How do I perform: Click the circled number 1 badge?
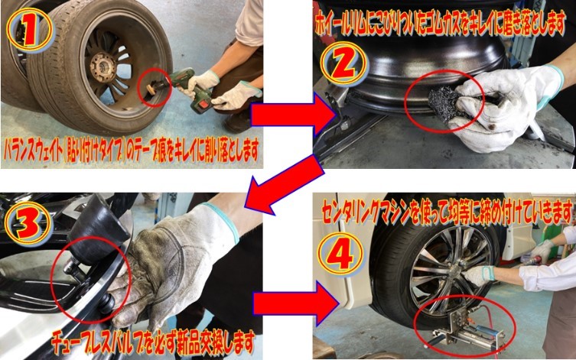point(30,29)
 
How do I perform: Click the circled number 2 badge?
point(343,63)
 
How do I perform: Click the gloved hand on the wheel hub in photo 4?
point(477,276)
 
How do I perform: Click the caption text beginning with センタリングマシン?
point(447,212)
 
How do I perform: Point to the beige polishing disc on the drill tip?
point(151,90)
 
